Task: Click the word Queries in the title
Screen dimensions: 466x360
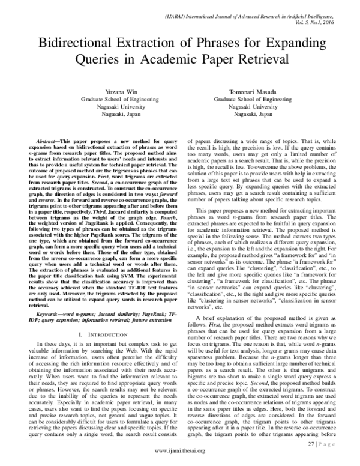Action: tap(100, 61)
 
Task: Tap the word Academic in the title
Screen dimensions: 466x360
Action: tap(157, 61)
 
